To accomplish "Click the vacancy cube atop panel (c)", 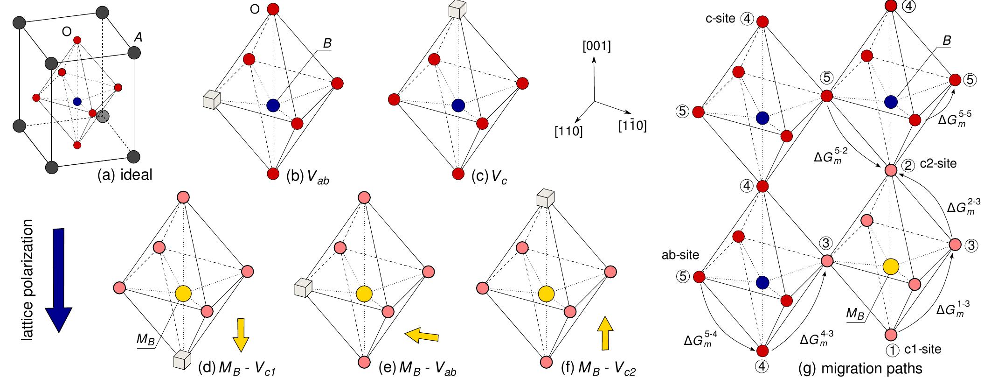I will (457, 9).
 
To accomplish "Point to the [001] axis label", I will (596, 47).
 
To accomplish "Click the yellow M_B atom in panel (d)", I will (183, 293).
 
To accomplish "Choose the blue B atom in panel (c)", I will (458, 105).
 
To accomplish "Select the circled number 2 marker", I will (908, 165).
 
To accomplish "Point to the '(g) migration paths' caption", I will (860, 369).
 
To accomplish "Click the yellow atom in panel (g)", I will (891, 266).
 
